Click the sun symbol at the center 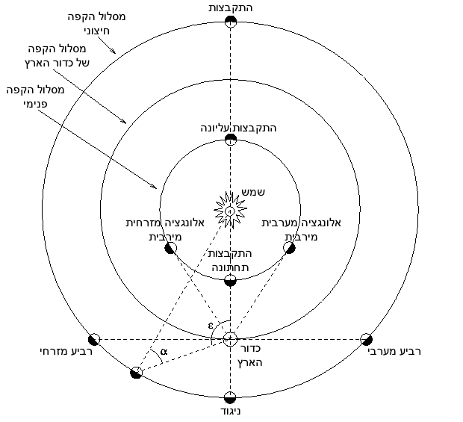click(x=230, y=211)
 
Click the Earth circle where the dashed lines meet click(x=230, y=339)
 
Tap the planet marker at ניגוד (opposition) click(x=230, y=396)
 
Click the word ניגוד click(x=230, y=412)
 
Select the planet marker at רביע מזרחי click(x=94, y=339)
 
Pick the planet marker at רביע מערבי click(x=366, y=339)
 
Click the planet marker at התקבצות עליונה click(x=230, y=140)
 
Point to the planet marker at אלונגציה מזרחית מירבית click(x=170, y=247)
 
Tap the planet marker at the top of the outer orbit click(x=230, y=22)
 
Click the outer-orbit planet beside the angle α click(x=136, y=372)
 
